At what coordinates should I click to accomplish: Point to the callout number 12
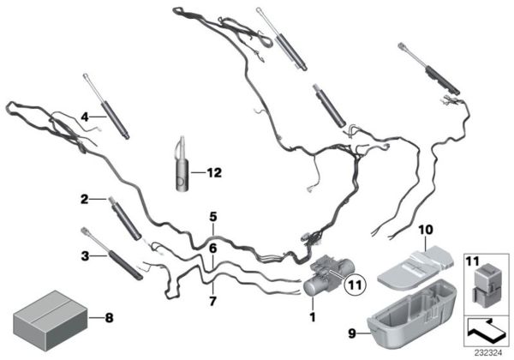[214, 172]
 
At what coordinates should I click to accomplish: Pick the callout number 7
[212, 301]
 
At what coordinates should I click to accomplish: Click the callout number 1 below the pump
[313, 316]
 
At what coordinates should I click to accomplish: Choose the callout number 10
[426, 230]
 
